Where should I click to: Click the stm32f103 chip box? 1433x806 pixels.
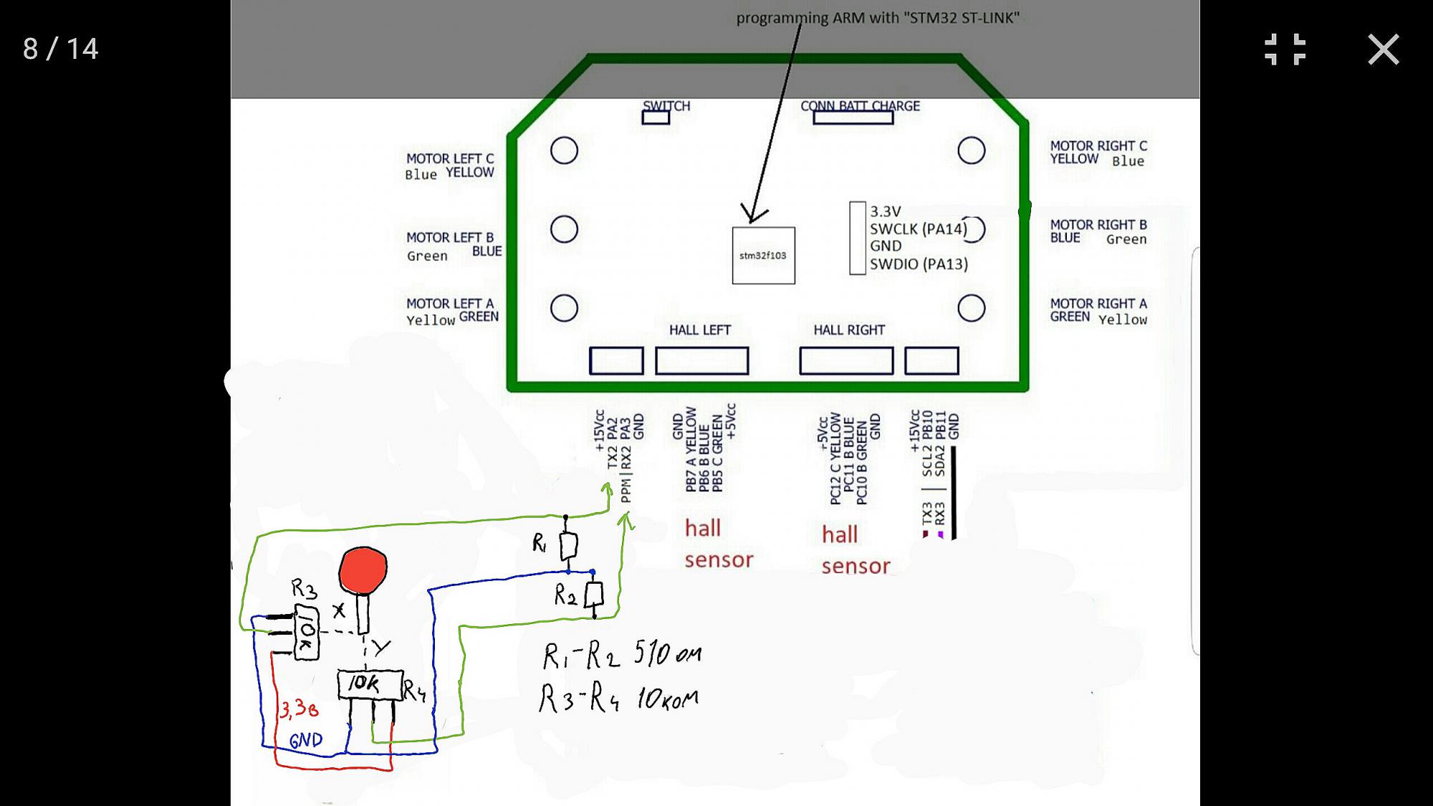[x=763, y=255]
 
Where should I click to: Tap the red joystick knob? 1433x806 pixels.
[x=363, y=570]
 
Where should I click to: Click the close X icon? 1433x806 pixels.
[x=1383, y=49]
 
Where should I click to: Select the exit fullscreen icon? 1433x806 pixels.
[x=1285, y=49]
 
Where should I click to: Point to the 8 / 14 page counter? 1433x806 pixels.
[x=60, y=49]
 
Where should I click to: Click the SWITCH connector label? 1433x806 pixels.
[x=666, y=106]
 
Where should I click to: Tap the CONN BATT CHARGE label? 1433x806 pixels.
[x=860, y=106]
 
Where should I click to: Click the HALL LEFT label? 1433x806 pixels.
[x=699, y=330]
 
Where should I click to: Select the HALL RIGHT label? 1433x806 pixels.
[x=849, y=330]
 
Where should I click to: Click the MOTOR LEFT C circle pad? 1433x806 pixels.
[x=564, y=150]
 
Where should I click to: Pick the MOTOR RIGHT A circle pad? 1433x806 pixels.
[x=971, y=308]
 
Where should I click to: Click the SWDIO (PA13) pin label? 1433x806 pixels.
[x=919, y=264]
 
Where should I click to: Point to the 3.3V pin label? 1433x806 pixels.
[x=886, y=211]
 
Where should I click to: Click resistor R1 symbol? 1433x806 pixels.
[x=568, y=546]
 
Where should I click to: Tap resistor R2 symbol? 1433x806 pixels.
[x=594, y=595]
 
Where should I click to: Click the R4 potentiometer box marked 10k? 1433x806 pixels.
[x=370, y=684]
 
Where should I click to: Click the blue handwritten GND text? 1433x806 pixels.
[x=306, y=740]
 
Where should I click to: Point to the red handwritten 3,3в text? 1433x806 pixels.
[x=299, y=709]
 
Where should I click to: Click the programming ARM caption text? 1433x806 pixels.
[x=878, y=18]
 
